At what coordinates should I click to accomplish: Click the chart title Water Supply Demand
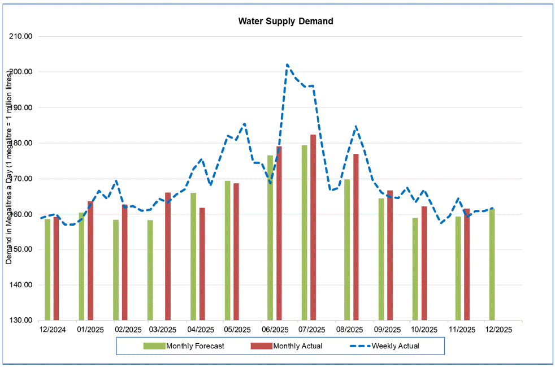(285, 21)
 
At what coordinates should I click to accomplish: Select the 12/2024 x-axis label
(52, 329)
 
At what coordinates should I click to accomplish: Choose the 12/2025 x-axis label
(498, 329)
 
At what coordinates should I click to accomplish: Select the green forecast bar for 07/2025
(304, 232)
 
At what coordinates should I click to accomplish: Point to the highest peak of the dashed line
(287, 64)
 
